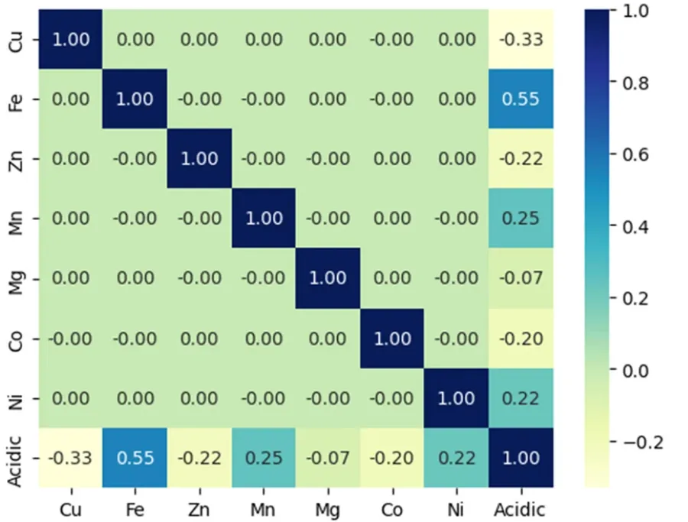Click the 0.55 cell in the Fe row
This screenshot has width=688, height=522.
click(x=521, y=99)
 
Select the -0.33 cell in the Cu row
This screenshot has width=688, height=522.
click(x=521, y=40)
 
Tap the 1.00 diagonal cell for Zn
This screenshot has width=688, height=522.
click(x=199, y=159)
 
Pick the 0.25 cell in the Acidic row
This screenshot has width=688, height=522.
click(x=263, y=458)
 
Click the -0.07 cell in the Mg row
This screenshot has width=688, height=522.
click(x=521, y=278)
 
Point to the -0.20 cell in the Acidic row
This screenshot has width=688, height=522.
click(x=392, y=458)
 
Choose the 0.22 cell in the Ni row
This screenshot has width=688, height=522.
click(x=521, y=398)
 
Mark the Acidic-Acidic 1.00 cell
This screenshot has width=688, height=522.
click(x=521, y=458)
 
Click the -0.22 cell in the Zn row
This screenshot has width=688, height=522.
click(x=521, y=159)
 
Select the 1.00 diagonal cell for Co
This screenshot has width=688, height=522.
click(x=392, y=338)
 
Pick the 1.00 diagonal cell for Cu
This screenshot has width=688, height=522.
click(x=70, y=40)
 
